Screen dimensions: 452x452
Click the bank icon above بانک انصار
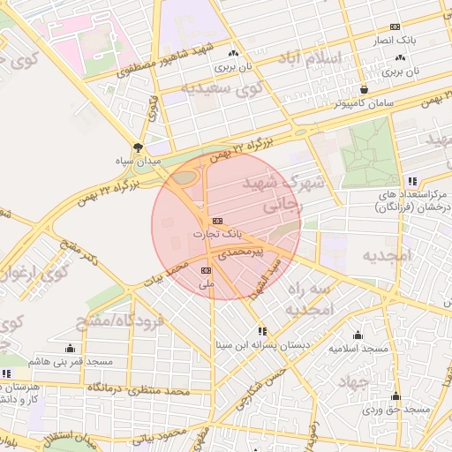pyautogui.click(x=395, y=26)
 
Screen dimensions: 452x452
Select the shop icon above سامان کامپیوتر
pyautogui.click(x=365, y=89)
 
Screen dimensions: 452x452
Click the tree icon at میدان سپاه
pyautogui.click(x=137, y=147)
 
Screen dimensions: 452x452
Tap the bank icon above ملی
pyautogui.click(x=207, y=270)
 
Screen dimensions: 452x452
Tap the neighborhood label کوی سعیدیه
pyautogui.click(x=222, y=88)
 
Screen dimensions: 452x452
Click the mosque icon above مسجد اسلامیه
pyautogui.click(x=358, y=335)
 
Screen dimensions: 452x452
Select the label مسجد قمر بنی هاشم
pyautogui.click(x=71, y=362)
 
